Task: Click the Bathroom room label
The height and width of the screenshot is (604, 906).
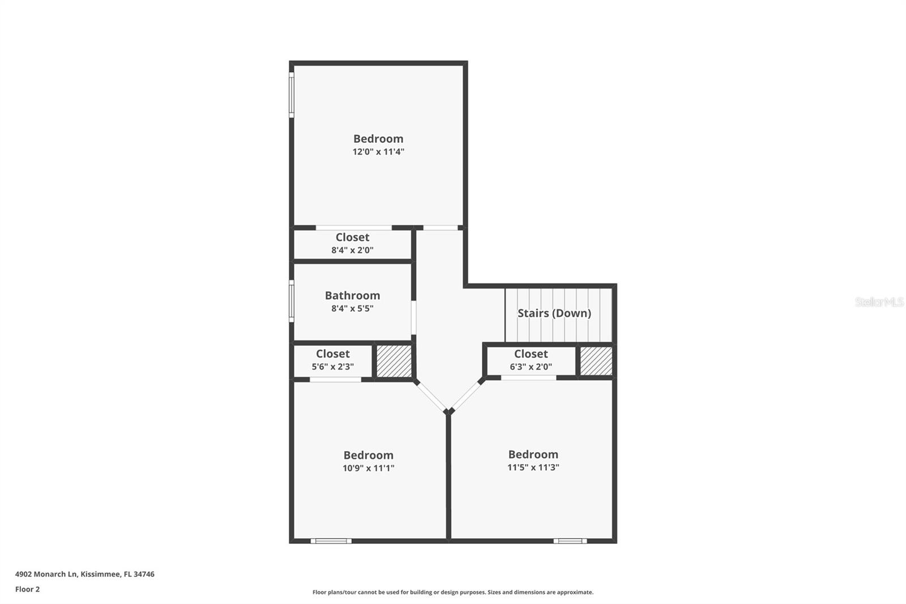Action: [352, 295]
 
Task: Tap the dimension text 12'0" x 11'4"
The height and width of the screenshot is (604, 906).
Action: [378, 152]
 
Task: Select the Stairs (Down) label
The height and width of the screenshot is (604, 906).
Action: [554, 313]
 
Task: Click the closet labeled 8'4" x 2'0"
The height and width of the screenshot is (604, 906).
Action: [352, 244]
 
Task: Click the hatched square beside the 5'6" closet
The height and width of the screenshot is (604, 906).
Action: [394, 361]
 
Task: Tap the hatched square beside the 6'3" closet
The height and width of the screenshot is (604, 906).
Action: [596, 361]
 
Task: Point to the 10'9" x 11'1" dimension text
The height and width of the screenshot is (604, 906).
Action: [368, 468]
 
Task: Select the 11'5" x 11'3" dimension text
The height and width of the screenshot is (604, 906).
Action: [533, 467]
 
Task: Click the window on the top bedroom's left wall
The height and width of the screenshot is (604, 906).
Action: [292, 95]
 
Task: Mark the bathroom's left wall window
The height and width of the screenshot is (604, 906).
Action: [292, 301]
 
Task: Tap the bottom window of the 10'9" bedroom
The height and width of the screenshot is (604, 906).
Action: [331, 541]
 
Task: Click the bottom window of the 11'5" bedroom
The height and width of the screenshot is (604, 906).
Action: [570, 541]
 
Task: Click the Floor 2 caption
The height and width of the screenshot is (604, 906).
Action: [27, 589]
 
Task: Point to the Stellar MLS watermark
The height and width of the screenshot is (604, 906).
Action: [879, 302]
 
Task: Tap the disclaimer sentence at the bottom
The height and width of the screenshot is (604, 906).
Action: [453, 592]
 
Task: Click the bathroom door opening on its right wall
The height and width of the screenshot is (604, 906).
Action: [414, 317]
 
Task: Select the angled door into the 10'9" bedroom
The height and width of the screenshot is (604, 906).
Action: [431, 395]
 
